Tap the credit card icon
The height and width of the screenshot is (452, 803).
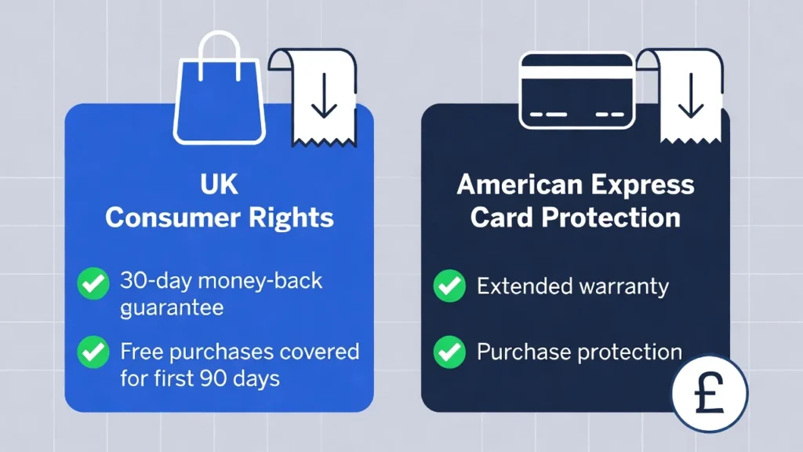tap(576, 90)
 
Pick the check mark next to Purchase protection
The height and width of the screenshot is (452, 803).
tap(449, 351)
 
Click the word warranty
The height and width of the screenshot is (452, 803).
tap(623, 286)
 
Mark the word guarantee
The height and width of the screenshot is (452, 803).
tap(172, 307)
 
